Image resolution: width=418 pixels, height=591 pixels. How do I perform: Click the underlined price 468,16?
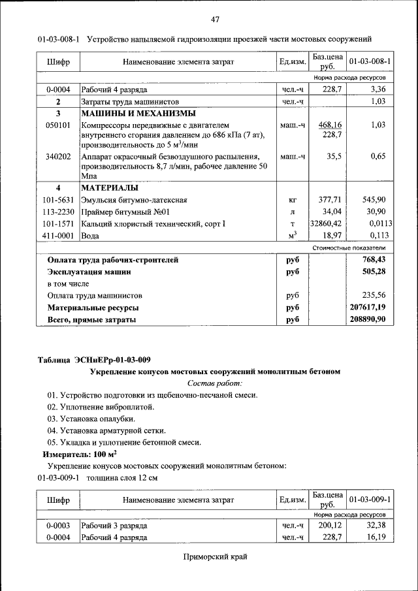pyautogui.click(x=330, y=124)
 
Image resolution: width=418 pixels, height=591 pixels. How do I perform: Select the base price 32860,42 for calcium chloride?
pyautogui.click(x=326, y=223)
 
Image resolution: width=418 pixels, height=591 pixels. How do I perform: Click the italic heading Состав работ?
pyautogui.click(x=215, y=383)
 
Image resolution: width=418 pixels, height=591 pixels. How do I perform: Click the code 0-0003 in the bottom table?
pyautogui.click(x=58, y=525)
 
